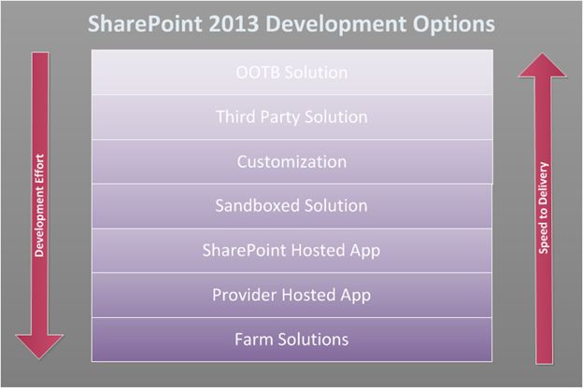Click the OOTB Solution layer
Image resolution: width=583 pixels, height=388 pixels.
point(291,73)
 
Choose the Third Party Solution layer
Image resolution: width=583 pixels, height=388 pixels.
point(291,118)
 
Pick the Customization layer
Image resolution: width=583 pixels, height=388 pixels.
point(291,161)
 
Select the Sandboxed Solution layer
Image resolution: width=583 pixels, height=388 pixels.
point(291,205)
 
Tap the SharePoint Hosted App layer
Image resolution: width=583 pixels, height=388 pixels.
point(291,250)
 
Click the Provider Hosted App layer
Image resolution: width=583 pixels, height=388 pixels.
point(291,295)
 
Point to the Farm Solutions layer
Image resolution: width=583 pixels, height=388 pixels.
point(291,339)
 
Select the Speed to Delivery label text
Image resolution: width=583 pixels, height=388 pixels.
point(544,210)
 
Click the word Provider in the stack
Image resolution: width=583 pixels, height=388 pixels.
point(242,295)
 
